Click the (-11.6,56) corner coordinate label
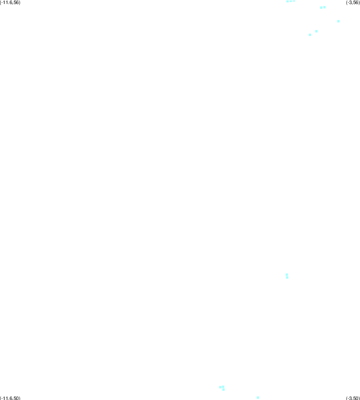click(x=10, y=2)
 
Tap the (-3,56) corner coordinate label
click(x=353, y=2)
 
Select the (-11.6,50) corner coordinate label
click(x=10, y=398)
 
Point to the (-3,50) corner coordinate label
click(x=353, y=398)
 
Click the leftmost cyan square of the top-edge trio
click(x=288, y=1)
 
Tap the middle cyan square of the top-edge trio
click(x=291, y=1)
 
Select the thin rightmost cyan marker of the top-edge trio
click(x=294, y=1)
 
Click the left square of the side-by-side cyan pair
click(x=321, y=8)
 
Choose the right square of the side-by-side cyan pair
click(x=324, y=7)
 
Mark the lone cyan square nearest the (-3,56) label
click(x=338, y=21)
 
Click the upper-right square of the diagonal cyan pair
click(x=316, y=31)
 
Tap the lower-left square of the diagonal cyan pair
click(x=310, y=35)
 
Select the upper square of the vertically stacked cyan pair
click(x=287, y=275)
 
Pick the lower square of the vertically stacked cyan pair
click(x=287, y=277)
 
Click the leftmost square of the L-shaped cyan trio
click(x=220, y=387)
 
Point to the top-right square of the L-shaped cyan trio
click(x=223, y=387)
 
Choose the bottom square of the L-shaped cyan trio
click(x=223, y=390)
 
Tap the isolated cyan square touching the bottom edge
click(x=258, y=398)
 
